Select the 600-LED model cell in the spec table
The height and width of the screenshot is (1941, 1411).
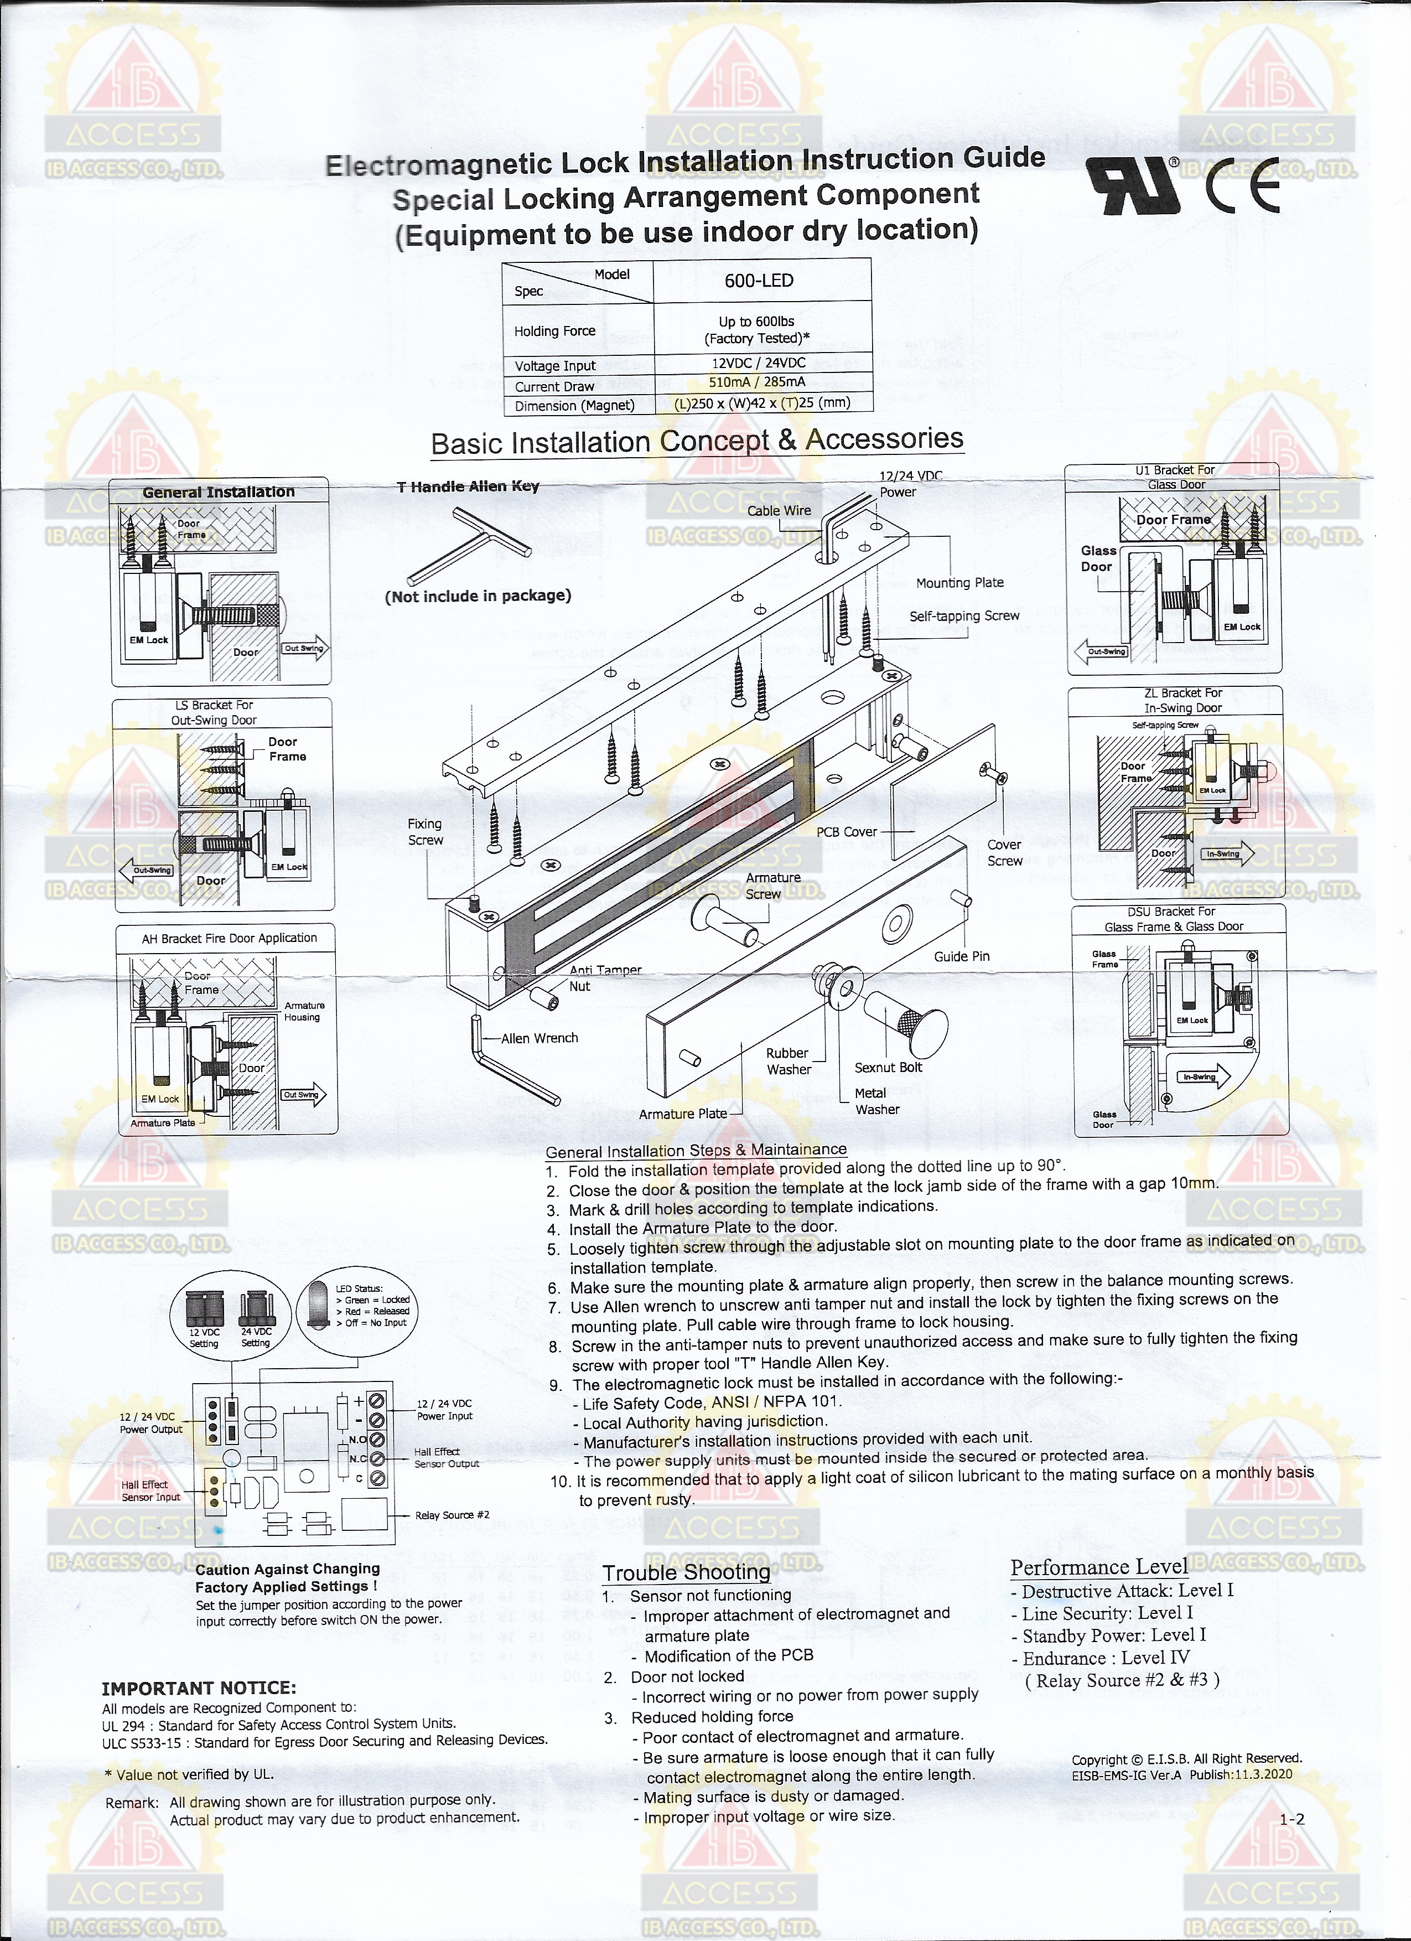point(759,281)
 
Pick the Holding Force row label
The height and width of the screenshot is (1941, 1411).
point(554,331)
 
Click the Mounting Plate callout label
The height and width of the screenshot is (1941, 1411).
point(959,583)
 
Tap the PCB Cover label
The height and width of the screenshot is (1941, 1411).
point(846,832)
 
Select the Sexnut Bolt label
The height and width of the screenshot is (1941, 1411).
point(888,1067)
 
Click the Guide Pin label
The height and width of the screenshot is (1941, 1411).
point(961,957)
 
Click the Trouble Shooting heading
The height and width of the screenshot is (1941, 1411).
point(686,1573)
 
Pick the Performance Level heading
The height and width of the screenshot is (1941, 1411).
point(1099,1567)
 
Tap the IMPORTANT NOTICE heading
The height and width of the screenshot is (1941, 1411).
point(199,1689)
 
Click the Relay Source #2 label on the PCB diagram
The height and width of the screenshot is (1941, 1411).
point(452,1515)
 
